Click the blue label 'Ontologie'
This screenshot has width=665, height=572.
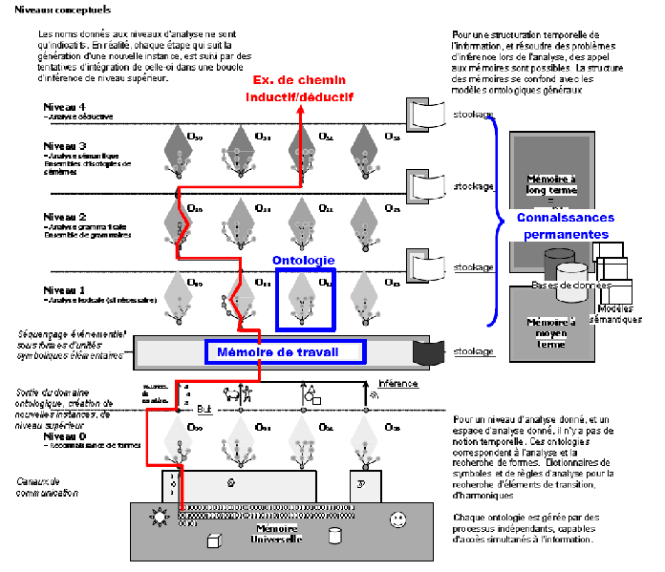click(x=303, y=259)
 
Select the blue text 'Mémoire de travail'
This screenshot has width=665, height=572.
click(x=285, y=352)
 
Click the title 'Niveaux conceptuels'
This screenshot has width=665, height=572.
click(x=49, y=10)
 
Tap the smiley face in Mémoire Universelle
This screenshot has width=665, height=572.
click(x=396, y=519)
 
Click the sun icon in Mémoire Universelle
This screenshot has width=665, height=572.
click(x=159, y=519)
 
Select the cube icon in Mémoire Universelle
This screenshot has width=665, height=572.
click(x=214, y=540)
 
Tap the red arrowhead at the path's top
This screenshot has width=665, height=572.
click(x=300, y=110)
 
